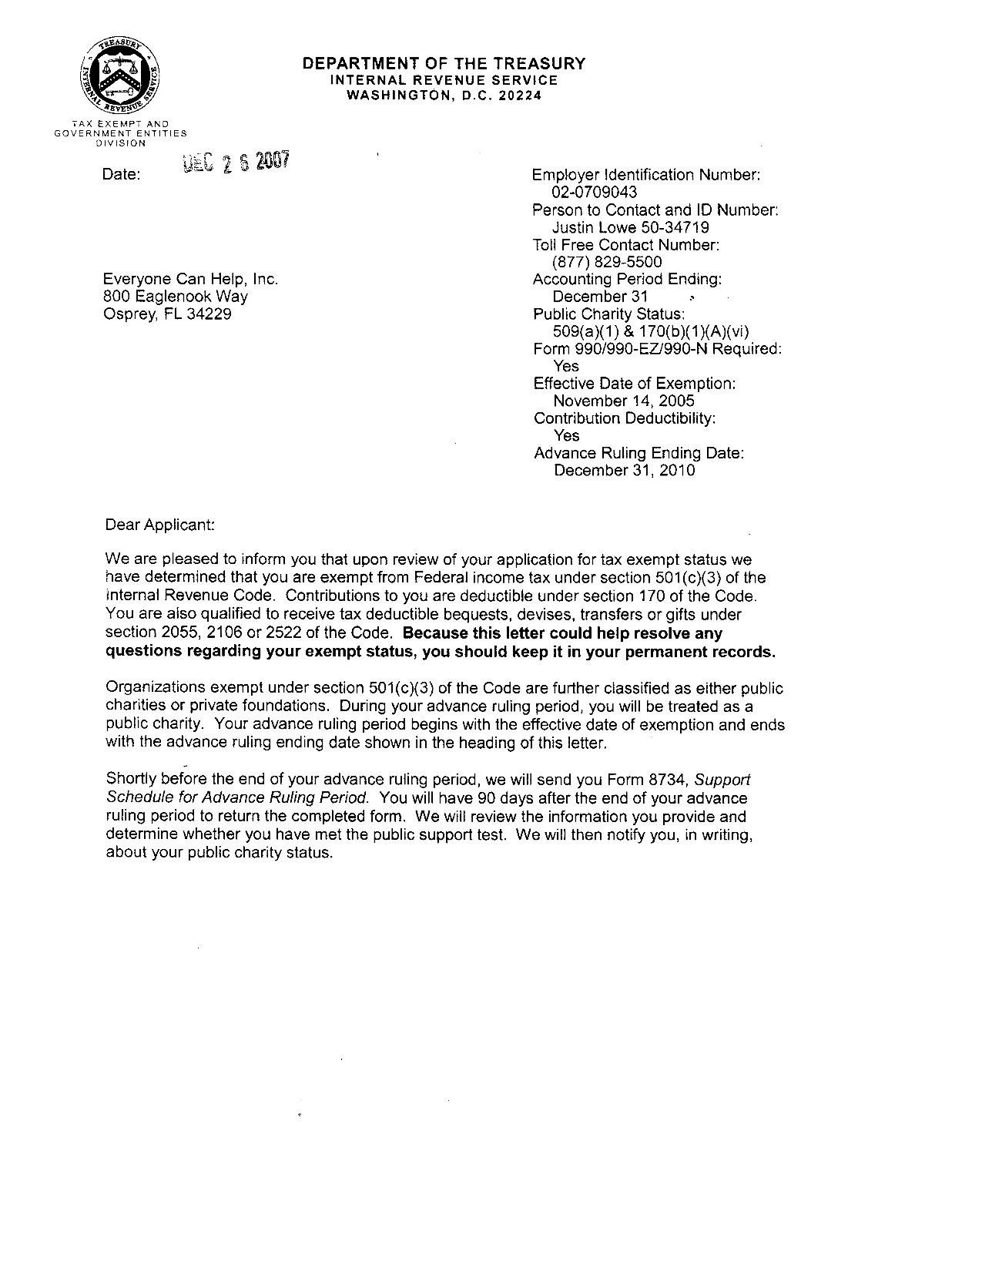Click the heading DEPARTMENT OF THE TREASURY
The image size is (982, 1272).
pos(443,63)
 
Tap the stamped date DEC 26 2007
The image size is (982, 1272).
pos(236,163)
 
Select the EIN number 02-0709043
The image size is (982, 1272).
pos(595,193)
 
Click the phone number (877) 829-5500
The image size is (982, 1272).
pos(607,262)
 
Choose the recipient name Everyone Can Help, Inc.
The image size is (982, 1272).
pos(190,280)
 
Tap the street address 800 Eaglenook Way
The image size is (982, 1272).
pos(176,297)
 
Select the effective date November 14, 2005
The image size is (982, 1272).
pos(624,401)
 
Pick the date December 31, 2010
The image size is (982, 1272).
pos(624,470)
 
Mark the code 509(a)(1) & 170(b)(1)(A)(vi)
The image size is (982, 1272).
pos(651,331)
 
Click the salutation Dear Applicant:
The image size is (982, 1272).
pos(160,525)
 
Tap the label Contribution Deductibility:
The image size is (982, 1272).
pos(625,418)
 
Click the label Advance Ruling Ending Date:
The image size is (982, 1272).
pos(638,453)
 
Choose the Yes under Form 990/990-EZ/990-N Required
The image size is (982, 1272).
pos(566,366)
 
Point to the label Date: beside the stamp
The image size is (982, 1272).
pos(121,175)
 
